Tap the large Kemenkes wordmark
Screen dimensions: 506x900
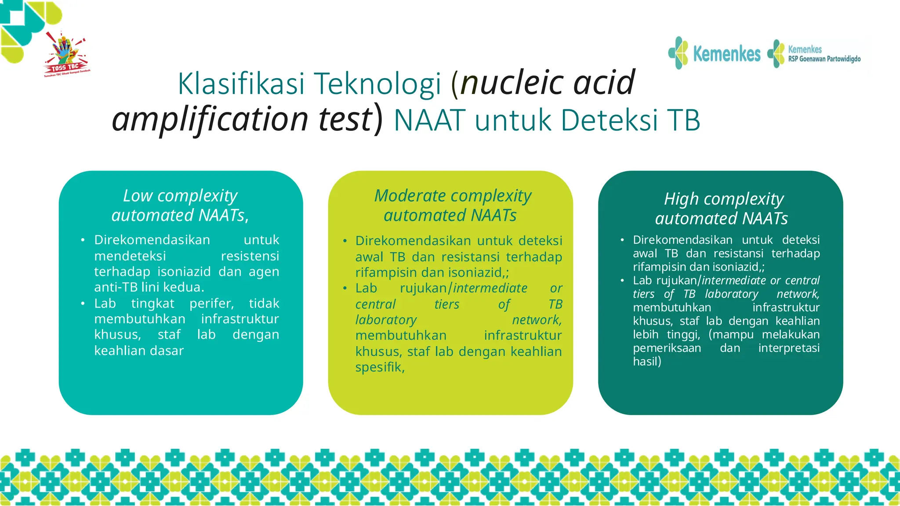coord(726,54)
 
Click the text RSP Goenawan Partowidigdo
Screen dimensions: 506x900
coord(824,59)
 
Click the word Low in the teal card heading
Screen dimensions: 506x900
coord(138,195)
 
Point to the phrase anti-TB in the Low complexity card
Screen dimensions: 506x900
coord(116,287)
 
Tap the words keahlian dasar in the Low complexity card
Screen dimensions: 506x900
coord(139,351)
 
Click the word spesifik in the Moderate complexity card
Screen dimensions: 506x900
coord(379,367)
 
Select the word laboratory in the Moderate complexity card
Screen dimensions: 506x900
coord(386,320)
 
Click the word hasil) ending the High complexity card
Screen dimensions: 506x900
coord(647,361)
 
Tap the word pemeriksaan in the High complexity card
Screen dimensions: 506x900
coord(667,348)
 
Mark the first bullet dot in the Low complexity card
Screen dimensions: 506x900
coord(83,240)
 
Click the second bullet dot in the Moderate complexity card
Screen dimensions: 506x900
coord(345,289)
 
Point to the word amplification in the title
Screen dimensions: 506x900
coord(210,119)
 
